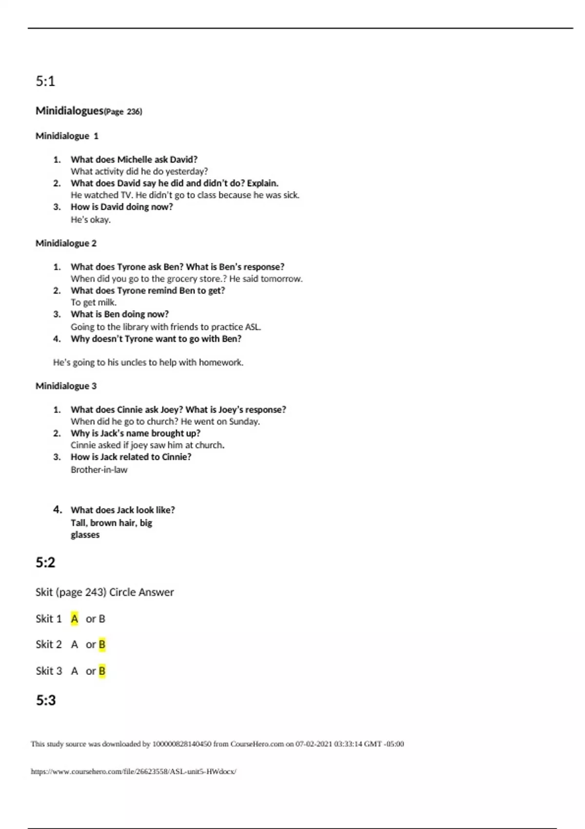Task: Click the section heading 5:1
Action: click(x=45, y=81)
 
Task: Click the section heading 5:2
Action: click(x=45, y=562)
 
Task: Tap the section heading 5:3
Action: click(x=46, y=700)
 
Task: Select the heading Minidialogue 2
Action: click(x=66, y=243)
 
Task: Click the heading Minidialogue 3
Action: click(x=66, y=386)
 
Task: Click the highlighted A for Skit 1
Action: click(x=74, y=619)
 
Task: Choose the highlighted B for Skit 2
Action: click(x=102, y=645)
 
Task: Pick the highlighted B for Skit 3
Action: click(x=102, y=671)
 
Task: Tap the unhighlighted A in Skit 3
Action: click(x=74, y=671)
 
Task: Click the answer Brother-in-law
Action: click(x=99, y=470)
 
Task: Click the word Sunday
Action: click(x=244, y=421)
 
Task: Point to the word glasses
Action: click(x=85, y=535)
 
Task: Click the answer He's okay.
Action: click(x=91, y=219)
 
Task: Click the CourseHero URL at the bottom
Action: click(x=134, y=771)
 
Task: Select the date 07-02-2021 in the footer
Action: click(x=313, y=744)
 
